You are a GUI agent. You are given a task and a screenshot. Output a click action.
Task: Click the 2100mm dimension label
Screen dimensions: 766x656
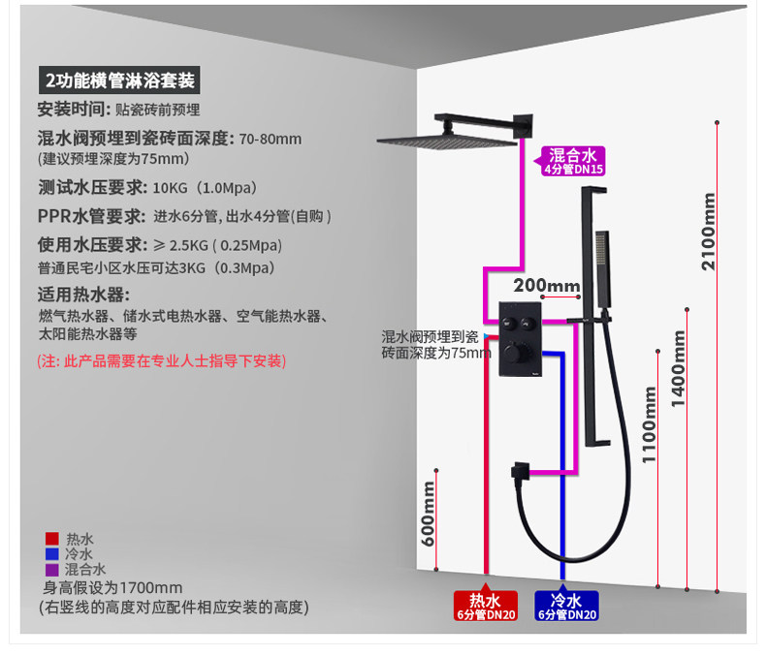click(x=708, y=232)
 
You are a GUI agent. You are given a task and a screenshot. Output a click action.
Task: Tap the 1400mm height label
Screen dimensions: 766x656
click(x=678, y=368)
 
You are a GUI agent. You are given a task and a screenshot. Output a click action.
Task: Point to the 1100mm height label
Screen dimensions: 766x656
click(x=649, y=424)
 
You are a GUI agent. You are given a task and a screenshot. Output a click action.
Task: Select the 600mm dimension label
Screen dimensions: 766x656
click(x=428, y=514)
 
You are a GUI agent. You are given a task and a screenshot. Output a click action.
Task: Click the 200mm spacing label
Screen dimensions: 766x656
click(x=547, y=285)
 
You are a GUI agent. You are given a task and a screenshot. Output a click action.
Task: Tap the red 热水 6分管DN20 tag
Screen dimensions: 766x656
click(x=486, y=606)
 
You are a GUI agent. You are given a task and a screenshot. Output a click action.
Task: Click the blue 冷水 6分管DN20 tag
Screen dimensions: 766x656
click(x=566, y=606)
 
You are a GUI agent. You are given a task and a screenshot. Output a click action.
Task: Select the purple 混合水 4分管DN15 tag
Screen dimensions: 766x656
click(x=572, y=161)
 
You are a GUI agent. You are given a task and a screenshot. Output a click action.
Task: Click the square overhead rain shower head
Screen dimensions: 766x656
click(x=447, y=141)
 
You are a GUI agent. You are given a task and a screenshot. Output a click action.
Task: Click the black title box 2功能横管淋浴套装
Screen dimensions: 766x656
click(x=119, y=80)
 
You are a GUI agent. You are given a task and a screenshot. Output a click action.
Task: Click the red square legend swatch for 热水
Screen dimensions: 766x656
click(x=51, y=539)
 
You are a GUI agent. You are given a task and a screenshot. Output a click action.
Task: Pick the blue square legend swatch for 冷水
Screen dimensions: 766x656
click(x=51, y=554)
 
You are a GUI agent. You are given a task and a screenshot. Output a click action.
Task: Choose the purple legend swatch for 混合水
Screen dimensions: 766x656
click(x=51, y=570)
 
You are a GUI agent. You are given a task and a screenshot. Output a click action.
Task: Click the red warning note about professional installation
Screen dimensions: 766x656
click(x=162, y=361)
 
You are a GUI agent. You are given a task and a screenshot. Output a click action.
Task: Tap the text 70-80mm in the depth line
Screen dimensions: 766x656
click(x=271, y=140)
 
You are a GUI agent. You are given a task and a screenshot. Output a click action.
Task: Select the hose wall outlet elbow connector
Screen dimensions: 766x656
click(x=521, y=471)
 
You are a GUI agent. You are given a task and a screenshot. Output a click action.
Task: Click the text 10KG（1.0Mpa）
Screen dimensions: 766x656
click(x=206, y=187)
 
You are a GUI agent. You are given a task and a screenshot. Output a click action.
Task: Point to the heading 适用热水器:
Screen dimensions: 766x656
click(x=83, y=295)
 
